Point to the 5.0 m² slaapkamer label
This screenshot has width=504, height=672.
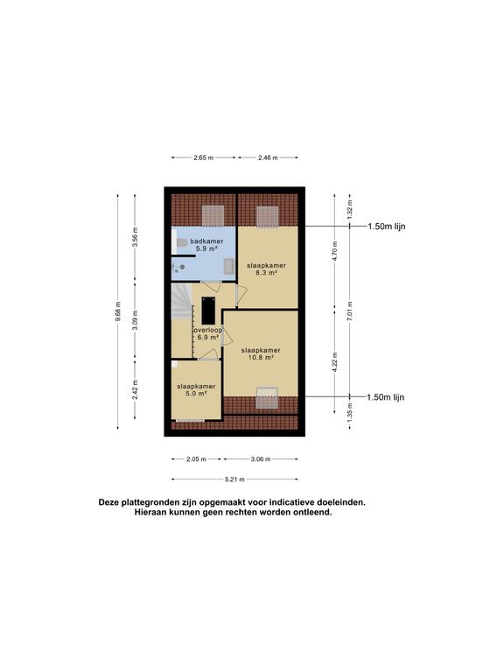click(196, 389)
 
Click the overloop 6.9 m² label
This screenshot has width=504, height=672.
click(207, 333)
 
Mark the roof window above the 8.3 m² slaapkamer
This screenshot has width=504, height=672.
click(266, 214)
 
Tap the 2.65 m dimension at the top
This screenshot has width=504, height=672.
click(204, 158)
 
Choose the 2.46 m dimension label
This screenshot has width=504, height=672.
click(268, 158)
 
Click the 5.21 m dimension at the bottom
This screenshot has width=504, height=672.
click(234, 479)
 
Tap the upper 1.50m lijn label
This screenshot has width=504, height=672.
click(387, 227)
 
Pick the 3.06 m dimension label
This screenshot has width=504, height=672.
click(260, 458)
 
